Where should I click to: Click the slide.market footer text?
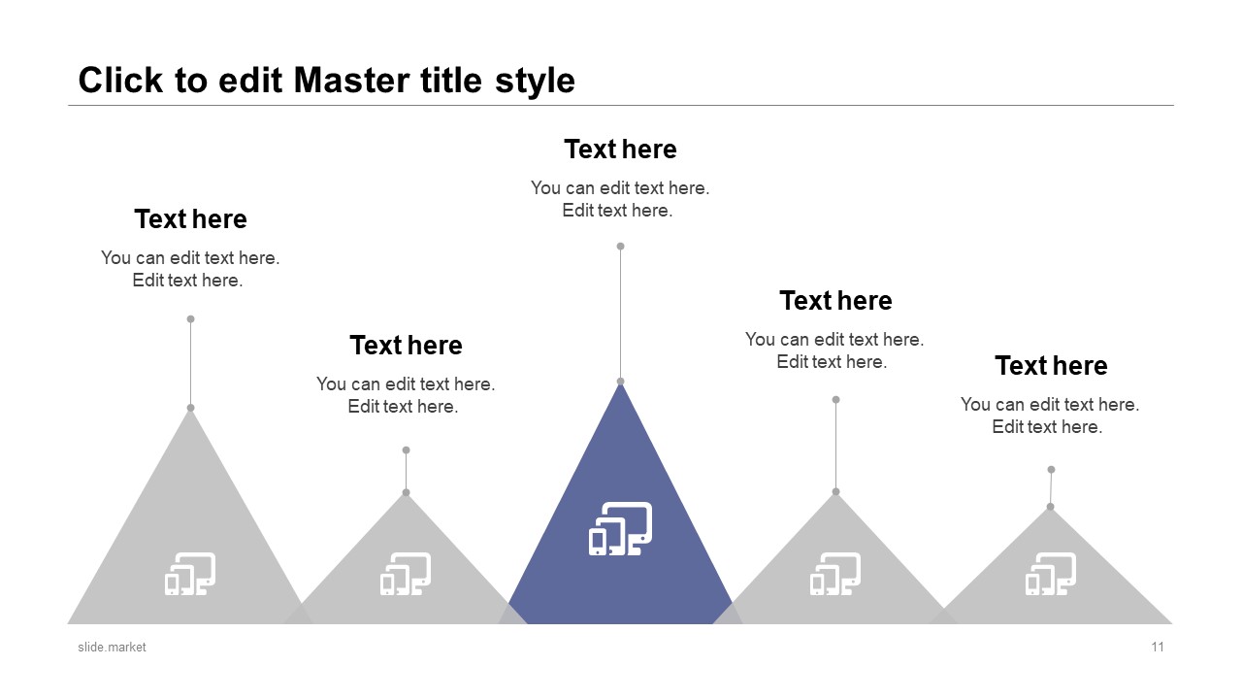point(112,647)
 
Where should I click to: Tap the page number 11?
point(1158,647)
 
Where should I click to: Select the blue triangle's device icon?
point(620,529)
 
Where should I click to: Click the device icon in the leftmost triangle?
point(190,574)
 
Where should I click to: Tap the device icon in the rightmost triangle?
point(1051,574)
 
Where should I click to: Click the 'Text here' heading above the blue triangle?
point(620,150)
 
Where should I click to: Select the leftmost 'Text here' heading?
point(190,219)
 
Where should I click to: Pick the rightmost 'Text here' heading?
point(1051,366)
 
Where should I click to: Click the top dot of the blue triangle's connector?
point(620,247)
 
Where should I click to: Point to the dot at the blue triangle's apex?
point(620,382)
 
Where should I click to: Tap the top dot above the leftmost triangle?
point(190,318)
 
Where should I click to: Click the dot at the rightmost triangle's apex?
point(1050,507)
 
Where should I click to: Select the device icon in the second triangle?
point(406,574)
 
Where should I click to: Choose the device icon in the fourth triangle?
point(835,574)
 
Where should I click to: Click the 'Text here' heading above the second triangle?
point(406,346)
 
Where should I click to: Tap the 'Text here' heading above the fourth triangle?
point(835,301)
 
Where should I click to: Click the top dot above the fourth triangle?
point(835,399)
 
